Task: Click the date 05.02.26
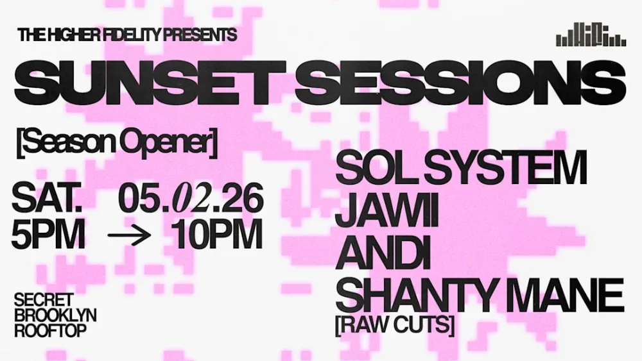191,199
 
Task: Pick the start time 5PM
48,236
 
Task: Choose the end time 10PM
218,236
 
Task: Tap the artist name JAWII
386,212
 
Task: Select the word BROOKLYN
55,315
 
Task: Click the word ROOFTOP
50,330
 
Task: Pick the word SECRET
44,300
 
